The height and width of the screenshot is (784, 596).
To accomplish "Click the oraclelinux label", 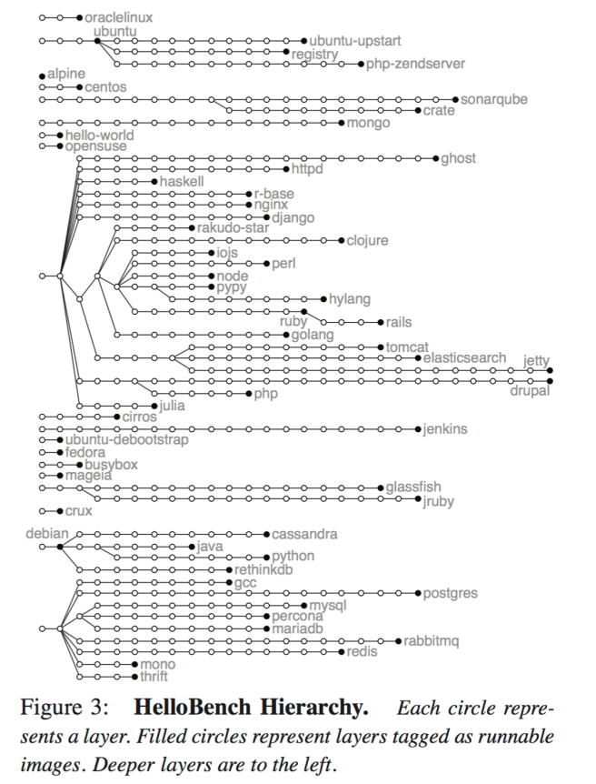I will pyautogui.click(x=119, y=17).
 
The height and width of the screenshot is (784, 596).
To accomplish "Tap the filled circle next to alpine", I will pyautogui.click(x=42, y=75).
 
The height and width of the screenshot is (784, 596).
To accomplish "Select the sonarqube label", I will pyautogui.click(x=494, y=99).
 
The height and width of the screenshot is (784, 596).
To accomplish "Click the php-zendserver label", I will pyautogui.click(x=415, y=65).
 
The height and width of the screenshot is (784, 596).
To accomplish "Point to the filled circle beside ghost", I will pyautogui.click(x=435, y=159).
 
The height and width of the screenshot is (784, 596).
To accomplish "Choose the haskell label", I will pyautogui.click(x=183, y=182).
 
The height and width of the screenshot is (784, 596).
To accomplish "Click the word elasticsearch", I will pyautogui.click(x=464, y=358).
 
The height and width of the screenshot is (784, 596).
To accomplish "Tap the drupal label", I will pyautogui.click(x=529, y=392).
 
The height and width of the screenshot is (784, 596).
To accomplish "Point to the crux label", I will pyautogui.click(x=79, y=511).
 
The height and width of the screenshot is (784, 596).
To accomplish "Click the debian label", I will pyautogui.click(x=43, y=534).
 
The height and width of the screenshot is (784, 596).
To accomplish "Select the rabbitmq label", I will pyautogui.click(x=432, y=641).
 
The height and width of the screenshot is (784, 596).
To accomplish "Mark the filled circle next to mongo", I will pyautogui.click(x=342, y=123).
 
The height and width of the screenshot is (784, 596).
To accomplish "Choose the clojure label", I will pyautogui.click(x=367, y=241).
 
